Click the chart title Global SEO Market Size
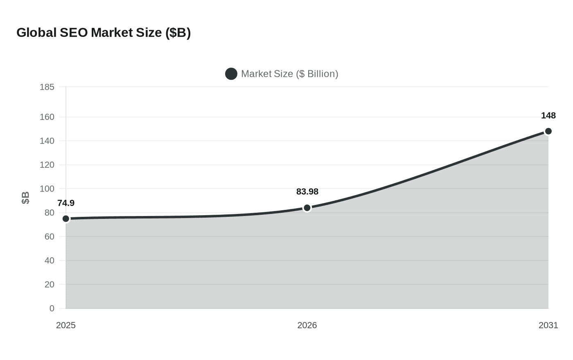(104, 33)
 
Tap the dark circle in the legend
(231, 74)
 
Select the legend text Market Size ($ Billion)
(289, 74)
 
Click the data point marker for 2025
(66, 219)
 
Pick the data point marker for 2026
(307, 208)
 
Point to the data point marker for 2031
(548, 131)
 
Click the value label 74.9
(66, 203)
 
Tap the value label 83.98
(307, 192)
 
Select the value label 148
(548, 116)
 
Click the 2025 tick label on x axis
(66, 325)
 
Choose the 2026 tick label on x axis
(307, 325)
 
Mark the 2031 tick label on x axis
(548, 325)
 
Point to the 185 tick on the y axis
(47, 87)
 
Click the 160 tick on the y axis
(47, 117)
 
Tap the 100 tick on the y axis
(47, 189)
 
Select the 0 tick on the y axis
(52, 308)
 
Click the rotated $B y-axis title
(25, 198)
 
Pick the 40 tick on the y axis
(49, 261)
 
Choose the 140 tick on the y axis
(47, 141)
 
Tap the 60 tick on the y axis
(49, 237)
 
